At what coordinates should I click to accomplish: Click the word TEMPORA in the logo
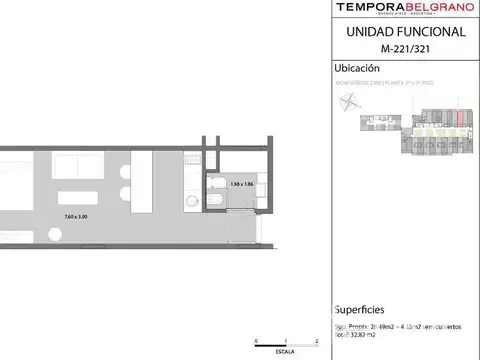coord(369,9)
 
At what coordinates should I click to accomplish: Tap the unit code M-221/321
coord(404,50)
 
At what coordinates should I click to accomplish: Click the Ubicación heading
coord(354,69)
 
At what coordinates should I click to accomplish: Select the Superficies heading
coord(358,310)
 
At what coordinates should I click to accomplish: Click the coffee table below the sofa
coord(78,198)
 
